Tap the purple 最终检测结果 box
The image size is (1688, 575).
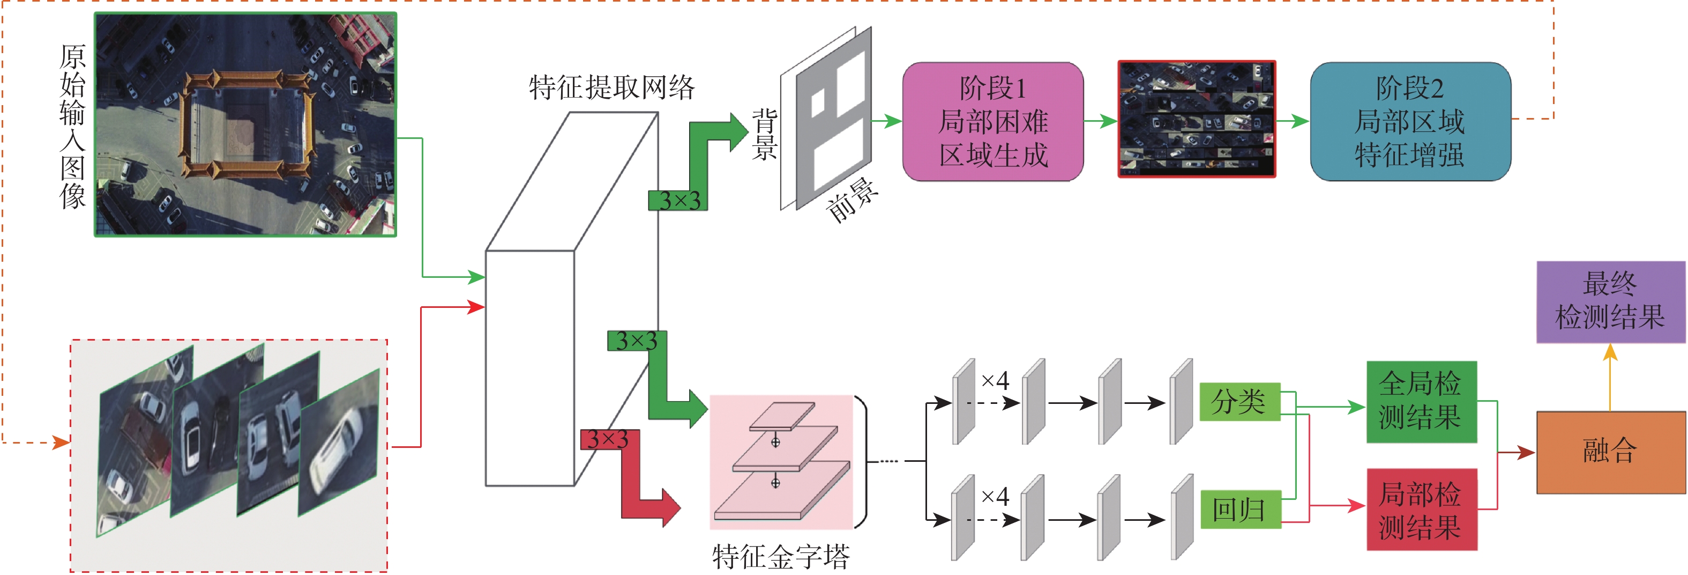tap(1610, 301)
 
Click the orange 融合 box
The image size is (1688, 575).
tap(1610, 452)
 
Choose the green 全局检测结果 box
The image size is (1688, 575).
tap(1421, 401)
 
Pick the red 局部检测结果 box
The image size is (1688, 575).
tap(1421, 510)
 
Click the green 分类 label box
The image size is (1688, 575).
tap(1239, 401)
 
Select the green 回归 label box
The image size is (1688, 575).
tap(1239, 509)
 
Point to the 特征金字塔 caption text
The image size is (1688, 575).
tap(780, 557)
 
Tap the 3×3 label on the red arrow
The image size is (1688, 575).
tap(608, 439)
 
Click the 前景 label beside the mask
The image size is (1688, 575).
tap(853, 200)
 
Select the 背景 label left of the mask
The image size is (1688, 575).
tap(764, 135)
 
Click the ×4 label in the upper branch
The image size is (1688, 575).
tap(995, 381)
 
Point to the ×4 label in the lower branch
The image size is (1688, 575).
tap(995, 496)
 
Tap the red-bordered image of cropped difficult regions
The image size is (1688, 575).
tap(1197, 119)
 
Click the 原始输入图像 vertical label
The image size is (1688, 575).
tap(72, 126)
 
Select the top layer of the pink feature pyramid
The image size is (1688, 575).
tap(782, 416)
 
